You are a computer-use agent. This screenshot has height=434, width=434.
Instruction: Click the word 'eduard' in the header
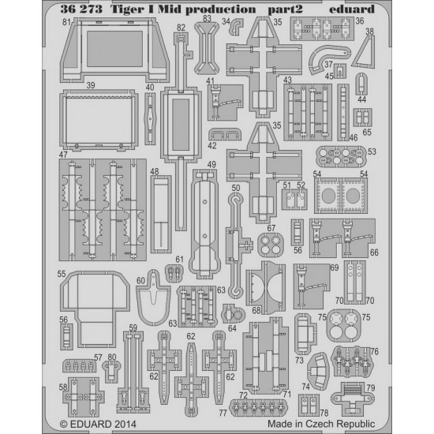(351, 9)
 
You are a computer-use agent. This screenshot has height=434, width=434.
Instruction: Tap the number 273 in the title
(91, 9)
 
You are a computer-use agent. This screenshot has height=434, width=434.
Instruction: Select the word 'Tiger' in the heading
(127, 9)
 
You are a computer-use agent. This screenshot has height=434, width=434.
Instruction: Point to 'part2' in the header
(285, 10)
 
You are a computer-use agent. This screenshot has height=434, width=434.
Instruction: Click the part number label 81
(66, 22)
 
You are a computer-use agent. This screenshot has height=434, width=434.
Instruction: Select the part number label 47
(63, 155)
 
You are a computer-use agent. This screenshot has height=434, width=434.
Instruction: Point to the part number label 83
(207, 19)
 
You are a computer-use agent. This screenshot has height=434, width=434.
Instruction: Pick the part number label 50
(236, 188)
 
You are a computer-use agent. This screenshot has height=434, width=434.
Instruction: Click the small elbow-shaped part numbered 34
(236, 27)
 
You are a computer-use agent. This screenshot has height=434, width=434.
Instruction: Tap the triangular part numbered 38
(365, 53)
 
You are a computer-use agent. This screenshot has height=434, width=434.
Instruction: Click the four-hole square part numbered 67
(271, 244)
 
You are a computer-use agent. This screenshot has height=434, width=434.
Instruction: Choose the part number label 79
(370, 387)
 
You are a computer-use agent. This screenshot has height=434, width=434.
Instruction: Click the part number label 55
(62, 274)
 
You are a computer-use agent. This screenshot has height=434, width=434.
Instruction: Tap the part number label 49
(211, 164)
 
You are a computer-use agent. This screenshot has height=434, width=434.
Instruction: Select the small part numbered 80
(111, 370)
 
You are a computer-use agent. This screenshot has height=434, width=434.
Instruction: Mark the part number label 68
(256, 310)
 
